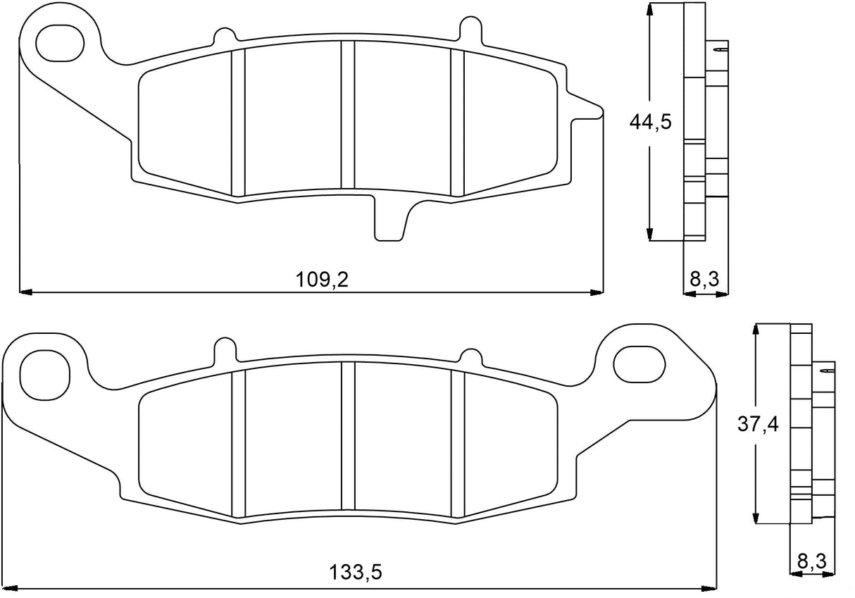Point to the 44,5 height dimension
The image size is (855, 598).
tap(649, 122)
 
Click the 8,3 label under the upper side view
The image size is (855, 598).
tap(704, 280)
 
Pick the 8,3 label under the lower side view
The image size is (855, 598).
tap(811, 562)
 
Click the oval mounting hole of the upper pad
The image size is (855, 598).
tap(60, 42)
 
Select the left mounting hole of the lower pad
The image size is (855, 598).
tap(46, 369)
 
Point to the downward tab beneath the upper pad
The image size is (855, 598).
tap(389, 220)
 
